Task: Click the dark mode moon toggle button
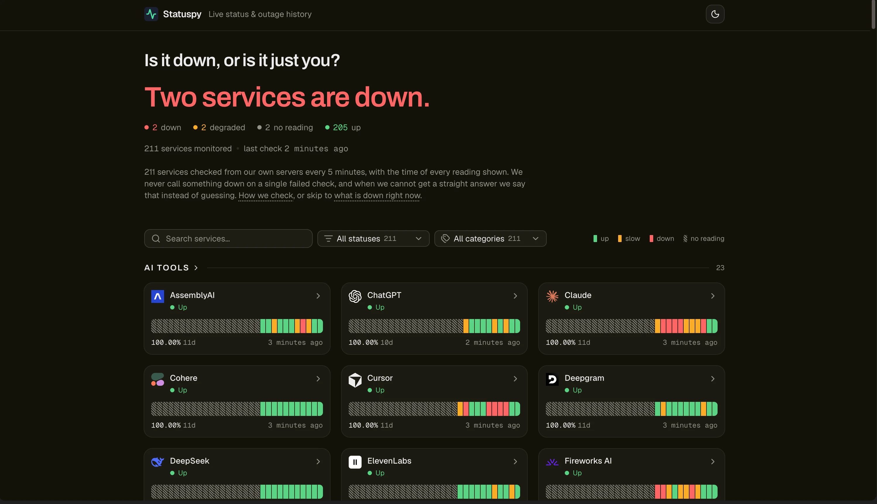coord(715,14)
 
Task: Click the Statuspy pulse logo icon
coord(151,14)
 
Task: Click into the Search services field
coord(228,239)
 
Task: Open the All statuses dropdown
coord(373,239)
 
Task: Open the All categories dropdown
coord(490,239)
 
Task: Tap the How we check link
coord(266,196)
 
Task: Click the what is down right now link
coord(377,196)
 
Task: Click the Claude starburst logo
coord(552,296)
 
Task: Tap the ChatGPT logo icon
coord(355,296)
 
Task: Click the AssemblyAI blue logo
coord(157,296)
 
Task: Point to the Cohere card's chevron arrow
coord(318,379)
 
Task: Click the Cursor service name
coord(380,378)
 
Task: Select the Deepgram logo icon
coord(552,379)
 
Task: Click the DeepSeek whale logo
coord(157,462)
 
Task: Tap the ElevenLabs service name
coord(389,461)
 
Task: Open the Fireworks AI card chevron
coord(713,462)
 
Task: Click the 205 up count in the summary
coord(343,127)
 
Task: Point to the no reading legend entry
coord(704,239)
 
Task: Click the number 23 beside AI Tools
coord(720,268)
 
